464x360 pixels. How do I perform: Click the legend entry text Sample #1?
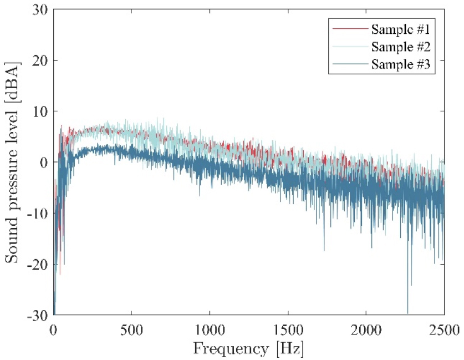(402, 28)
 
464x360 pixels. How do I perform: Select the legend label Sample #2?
(402, 46)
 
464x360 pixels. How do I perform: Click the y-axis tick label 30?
(40, 9)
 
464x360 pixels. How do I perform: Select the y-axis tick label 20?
(40, 60)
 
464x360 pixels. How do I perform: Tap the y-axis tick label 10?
(40, 111)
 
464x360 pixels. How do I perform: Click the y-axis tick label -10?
(38, 214)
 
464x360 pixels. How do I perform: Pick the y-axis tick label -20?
(38, 265)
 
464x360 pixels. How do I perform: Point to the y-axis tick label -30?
(38, 315)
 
